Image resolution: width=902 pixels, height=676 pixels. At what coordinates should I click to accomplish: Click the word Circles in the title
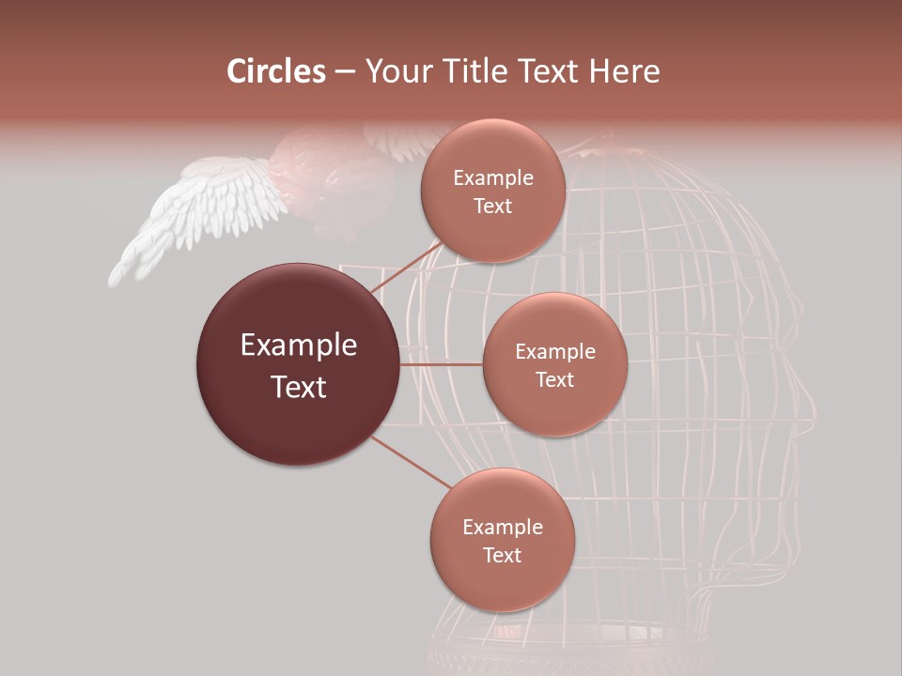pos(275,71)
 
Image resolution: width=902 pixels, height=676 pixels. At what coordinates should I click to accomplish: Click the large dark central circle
pos(298,364)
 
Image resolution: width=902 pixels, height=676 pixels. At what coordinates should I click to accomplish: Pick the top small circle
pos(492,191)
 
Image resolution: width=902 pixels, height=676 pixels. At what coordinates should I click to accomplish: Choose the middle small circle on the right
pos(554,364)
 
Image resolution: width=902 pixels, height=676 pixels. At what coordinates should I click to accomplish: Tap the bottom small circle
pos(502,540)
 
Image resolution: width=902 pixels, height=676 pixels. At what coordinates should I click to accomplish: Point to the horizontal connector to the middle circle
pos(441,364)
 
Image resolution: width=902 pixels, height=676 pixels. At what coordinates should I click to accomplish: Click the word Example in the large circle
pos(298,346)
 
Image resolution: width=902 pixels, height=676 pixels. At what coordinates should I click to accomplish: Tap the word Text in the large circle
pos(298,386)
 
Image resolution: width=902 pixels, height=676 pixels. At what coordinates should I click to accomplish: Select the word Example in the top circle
pos(492,177)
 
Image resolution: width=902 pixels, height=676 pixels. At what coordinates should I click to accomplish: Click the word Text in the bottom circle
pos(502,555)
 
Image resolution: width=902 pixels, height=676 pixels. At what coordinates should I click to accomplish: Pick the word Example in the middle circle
pos(554,351)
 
